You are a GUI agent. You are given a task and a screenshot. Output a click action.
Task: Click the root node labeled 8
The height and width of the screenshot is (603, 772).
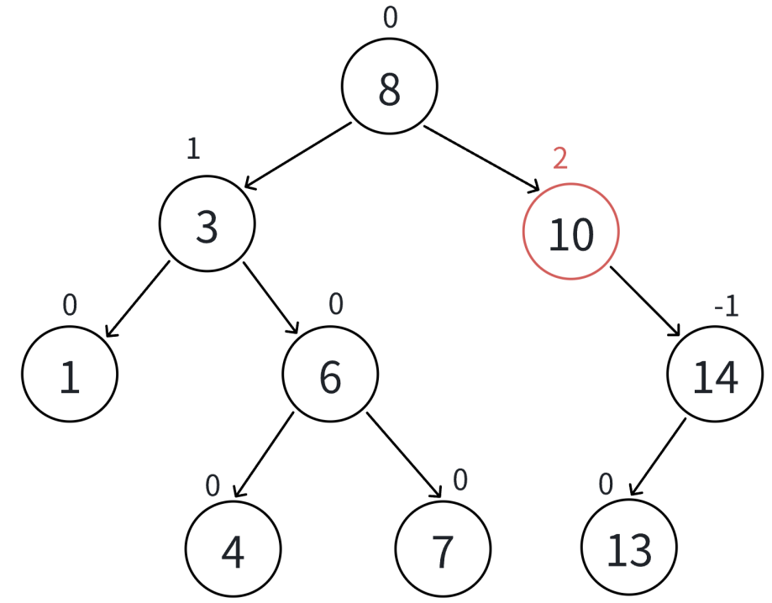389,87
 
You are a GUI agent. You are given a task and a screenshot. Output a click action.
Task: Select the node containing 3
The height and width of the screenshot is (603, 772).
207,224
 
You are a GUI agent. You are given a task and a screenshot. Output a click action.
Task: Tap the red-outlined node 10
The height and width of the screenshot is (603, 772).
570,232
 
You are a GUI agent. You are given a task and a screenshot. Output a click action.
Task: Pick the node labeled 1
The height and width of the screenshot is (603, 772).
70,376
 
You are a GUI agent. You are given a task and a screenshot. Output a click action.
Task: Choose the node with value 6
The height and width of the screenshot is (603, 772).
330,375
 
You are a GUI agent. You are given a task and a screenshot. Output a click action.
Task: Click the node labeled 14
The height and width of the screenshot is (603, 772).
715,375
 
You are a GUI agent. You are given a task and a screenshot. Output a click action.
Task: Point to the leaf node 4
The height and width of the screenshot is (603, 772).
233,550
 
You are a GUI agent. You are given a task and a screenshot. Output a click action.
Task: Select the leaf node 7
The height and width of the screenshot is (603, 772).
442,549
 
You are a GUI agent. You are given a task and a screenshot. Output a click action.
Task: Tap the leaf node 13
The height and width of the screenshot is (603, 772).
628,549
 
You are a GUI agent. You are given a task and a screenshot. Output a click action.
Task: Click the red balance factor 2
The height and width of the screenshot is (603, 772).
560,158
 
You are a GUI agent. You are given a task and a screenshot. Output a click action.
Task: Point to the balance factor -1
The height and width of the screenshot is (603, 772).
726,307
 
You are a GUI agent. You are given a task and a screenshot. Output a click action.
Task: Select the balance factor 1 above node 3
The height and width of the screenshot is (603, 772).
193,149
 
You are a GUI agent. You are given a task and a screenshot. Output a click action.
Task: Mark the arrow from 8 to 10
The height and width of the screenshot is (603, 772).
481,158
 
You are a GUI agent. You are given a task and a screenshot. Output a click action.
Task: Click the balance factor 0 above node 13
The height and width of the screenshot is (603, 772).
606,485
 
